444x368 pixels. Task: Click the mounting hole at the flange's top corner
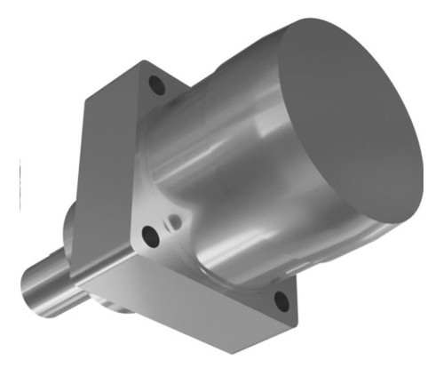point(157,86)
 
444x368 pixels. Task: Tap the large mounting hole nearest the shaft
point(150,237)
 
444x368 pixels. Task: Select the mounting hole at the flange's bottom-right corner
point(281,301)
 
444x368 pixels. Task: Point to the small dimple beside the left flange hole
point(175,218)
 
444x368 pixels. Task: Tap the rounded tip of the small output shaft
point(28,289)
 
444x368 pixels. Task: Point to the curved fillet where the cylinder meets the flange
point(186,178)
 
